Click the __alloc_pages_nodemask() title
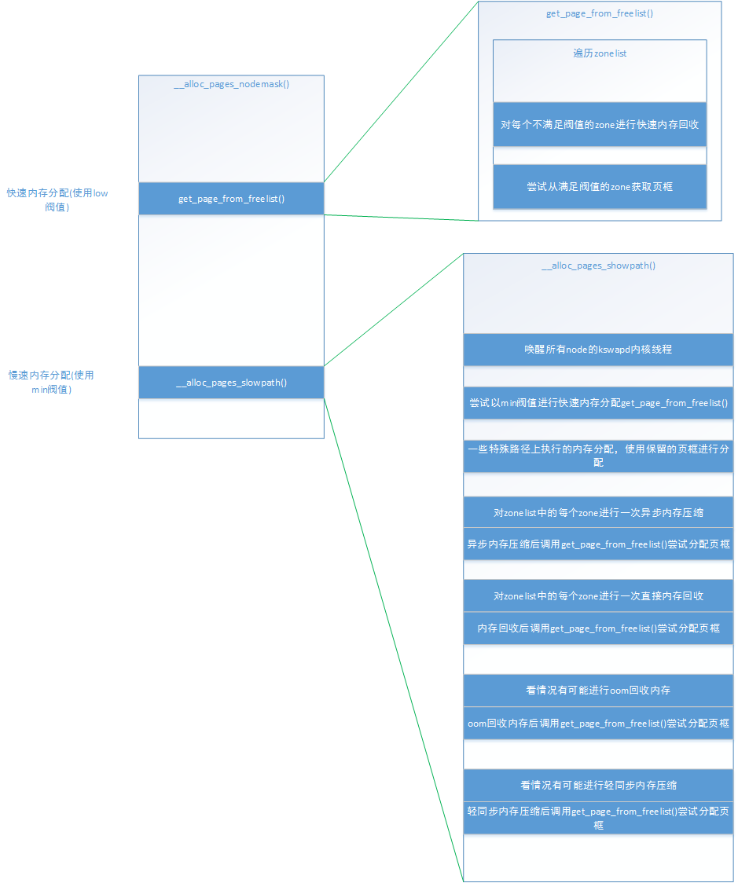coord(231,84)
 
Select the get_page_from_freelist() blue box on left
coord(231,199)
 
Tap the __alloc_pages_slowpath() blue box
coord(231,383)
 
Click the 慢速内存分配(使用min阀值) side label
coord(51,383)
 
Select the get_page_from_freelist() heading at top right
coord(599,14)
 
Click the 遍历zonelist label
coord(599,53)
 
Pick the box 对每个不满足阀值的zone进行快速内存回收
coord(599,124)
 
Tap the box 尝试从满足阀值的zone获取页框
coord(599,187)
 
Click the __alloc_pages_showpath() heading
coord(598,266)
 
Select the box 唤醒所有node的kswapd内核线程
coord(598,350)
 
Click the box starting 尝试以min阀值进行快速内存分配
coord(598,403)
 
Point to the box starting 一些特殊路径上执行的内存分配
coord(598,456)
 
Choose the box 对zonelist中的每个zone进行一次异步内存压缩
coord(598,512)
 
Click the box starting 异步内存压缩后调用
coord(598,544)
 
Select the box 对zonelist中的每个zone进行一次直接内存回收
coord(598,596)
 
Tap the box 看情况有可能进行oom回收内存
coord(598,691)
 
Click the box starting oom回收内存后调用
coord(598,723)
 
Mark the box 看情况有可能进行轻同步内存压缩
coord(598,785)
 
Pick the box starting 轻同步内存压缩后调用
coord(598,818)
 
